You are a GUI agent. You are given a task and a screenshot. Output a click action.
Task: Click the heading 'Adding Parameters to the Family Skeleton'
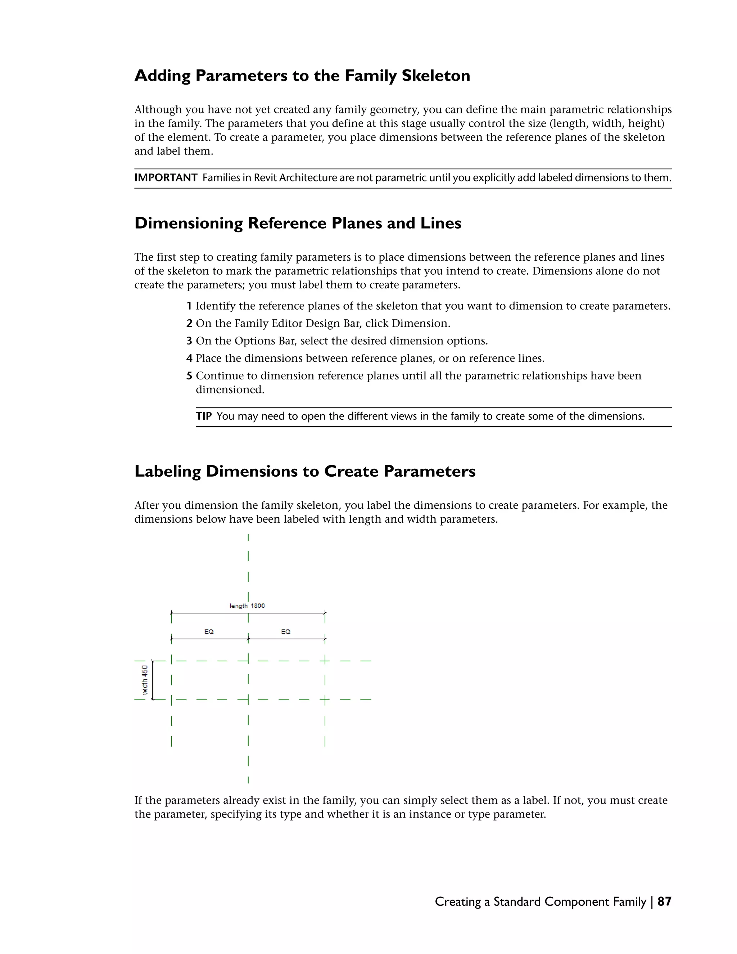pyautogui.click(x=302, y=76)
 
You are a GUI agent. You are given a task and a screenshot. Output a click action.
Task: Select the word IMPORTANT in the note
pyautogui.click(x=166, y=178)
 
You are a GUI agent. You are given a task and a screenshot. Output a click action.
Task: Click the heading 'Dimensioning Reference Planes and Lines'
pyautogui.click(x=298, y=223)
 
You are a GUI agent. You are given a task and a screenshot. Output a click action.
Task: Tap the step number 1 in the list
pyautogui.click(x=189, y=306)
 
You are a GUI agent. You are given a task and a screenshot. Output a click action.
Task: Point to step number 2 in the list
pyautogui.click(x=189, y=323)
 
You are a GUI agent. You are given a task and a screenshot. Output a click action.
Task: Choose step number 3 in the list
pyautogui.click(x=189, y=341)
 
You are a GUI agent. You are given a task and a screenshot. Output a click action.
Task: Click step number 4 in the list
pyautogui.click(x=189, y=358)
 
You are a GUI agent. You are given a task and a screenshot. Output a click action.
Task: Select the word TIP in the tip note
pyautogui.click(x=203, y=416)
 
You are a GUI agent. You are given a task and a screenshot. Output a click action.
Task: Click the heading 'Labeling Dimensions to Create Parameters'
pyautogui.click(x=305, y=471)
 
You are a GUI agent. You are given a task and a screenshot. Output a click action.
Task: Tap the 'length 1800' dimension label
pyautogui.click(x=247, y=606)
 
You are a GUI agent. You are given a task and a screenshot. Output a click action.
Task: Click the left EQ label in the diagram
pyautogui.click(x=209, y=632)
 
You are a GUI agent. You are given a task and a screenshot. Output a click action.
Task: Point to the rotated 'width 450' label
pyautogui.click(x=145, y=680)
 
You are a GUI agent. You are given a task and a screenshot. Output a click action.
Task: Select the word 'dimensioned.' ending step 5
pyautogui.click(x=230, y=390)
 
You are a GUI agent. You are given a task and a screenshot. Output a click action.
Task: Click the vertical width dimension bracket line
pyautogui.click(x=152, y=680)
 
